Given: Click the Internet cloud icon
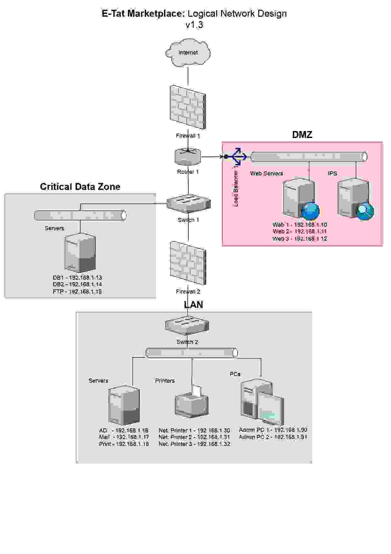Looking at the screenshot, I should (188, 53).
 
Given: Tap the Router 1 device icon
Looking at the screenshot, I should (188, 157).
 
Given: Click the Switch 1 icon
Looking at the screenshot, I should (188, 203).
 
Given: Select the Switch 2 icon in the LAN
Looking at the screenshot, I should (187, 325).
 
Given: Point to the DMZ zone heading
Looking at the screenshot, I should (302, 135).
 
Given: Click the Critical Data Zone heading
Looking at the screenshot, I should (80, 187).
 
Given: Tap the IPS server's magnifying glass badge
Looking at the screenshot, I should (365, 211).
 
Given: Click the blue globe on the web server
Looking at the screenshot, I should (311, 211).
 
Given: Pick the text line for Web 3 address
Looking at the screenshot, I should (299, 239).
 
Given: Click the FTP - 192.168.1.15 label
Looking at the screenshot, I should (77, 292).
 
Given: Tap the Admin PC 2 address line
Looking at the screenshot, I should (273, 437).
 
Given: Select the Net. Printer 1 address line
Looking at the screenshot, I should (194, 430).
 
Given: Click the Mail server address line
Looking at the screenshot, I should (124, 437).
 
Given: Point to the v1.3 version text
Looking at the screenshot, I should (194, 25).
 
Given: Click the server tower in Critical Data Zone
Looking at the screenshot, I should (80, 253).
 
